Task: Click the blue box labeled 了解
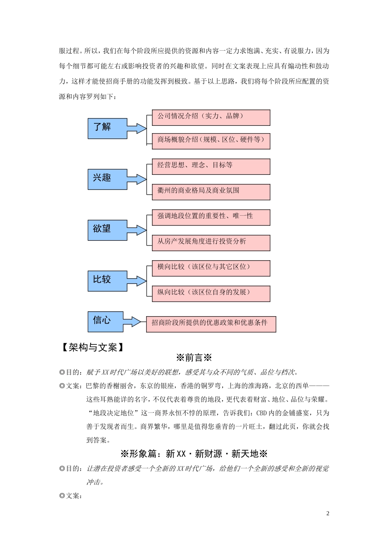coord(107,128)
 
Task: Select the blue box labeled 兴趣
coord(107,179)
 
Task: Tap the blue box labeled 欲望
coord(107,230)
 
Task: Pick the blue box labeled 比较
coord(107,281)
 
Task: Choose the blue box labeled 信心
coord(107,321)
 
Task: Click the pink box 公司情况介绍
coord(211,117)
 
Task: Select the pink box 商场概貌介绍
coord(211,141)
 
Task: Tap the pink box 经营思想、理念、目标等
coord(211,167)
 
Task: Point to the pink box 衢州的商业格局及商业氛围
coord(211,192)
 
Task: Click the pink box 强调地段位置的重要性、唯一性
coord(211,217)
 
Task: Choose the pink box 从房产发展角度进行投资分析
coord(211,243)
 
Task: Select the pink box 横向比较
coord(211,268)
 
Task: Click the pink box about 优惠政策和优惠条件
coord(211,324)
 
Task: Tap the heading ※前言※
coord(194,358)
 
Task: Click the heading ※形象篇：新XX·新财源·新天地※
coord(194,454)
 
